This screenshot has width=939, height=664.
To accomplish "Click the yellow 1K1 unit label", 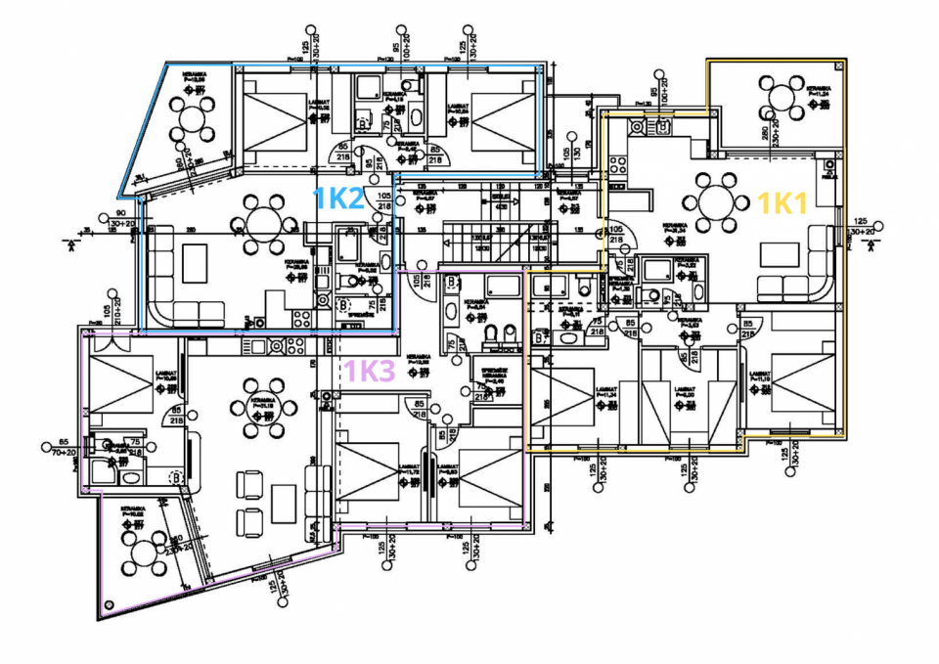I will click(x=782, y=203).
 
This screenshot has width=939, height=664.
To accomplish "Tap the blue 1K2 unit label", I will click(x=338, y=199).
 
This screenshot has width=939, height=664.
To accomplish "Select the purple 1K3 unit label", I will click(x=371, y=372).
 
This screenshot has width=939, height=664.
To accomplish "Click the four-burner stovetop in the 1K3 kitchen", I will click(x=291, y=344).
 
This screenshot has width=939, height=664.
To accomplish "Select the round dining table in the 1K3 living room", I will click(x=249, y=409).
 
